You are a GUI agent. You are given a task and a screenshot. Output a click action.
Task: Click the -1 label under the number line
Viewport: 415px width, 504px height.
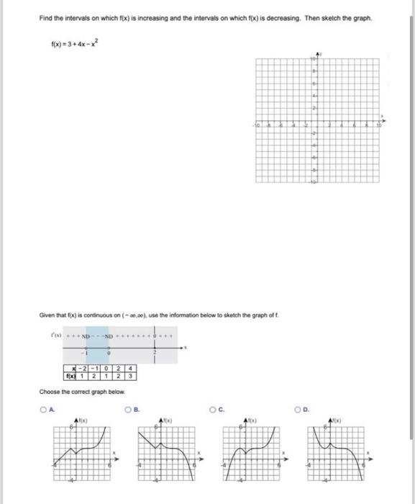tap(85, 354)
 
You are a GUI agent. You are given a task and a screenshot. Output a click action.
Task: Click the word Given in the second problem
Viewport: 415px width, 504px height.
tap(47, 316)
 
